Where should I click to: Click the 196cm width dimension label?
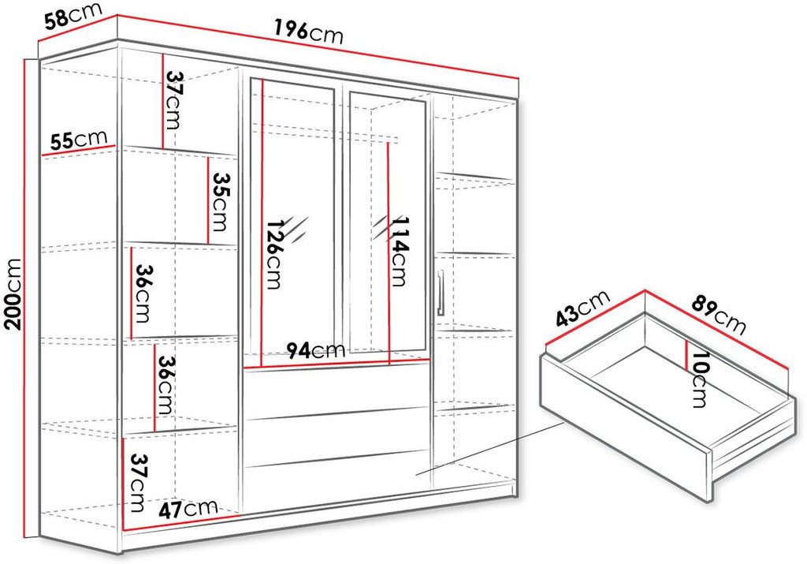(x=308, y=32)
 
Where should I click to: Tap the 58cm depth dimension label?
(x=73, y=17)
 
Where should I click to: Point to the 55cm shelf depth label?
(x=79, y=140)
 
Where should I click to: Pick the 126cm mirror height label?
(x=273, y=253)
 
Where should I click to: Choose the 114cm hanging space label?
(x=400, y=251)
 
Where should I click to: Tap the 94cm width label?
(x=315, y=350)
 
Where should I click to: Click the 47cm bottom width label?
(x=188, y=510)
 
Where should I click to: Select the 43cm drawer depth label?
(x=582, y=308)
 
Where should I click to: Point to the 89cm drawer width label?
(x=719, y=314)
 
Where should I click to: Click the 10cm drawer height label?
(x=700, y=379)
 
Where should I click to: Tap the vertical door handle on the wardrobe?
(x=440, y=292)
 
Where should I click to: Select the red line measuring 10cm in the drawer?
(x=687, y=355)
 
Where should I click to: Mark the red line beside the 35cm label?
(x=208, y=200)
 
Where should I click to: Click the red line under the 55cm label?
(x=79, y=151)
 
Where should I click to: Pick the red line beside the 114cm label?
(x=389, y=253)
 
